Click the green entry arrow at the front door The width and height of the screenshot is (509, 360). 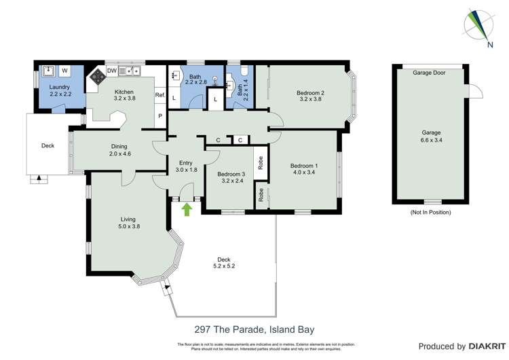click(x=187, y=209)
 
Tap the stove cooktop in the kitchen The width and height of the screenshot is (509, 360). click(x=96, y=76)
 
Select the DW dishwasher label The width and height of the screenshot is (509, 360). click(x=111, y=69)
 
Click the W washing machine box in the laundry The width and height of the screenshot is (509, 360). click(x=66, y=70)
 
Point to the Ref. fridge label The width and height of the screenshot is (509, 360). click(x=160, y=95)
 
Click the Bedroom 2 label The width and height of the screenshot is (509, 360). click(x=309, y=93)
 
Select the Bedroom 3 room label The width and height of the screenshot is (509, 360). click(x=230, y=174)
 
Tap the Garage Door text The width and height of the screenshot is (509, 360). click(x=429, y=72)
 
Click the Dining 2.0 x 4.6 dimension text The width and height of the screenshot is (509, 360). click(x=119, y=154)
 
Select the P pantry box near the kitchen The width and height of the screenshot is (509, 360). click(x=160, y=116)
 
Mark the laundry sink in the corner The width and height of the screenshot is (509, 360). click(x=48, y=70)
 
